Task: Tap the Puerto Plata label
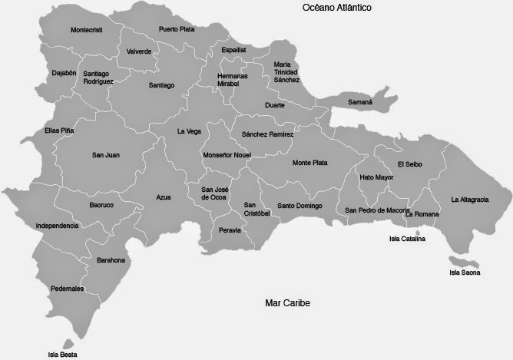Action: click(x=177, y=29)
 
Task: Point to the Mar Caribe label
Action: click(x=286, y=302)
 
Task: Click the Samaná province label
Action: click(x=360, y=101)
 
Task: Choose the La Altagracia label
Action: click(x=469, y=200)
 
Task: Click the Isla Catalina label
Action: click(x=408, y=239)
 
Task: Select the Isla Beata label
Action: click(x=63, y=355)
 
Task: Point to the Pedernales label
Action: click(x=68, y=289)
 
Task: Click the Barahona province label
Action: click(x=111, y=261)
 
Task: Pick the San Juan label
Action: click(x=106, y=155)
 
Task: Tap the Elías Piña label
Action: click(x=60, y=130)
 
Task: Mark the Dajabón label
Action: click(x=43, y=73)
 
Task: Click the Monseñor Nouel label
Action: click(x=227, y=155)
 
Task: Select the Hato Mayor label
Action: click(x=376, y=177)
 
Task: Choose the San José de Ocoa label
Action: click(x=214, y=193)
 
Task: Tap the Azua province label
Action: click(x=163, y=197)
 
